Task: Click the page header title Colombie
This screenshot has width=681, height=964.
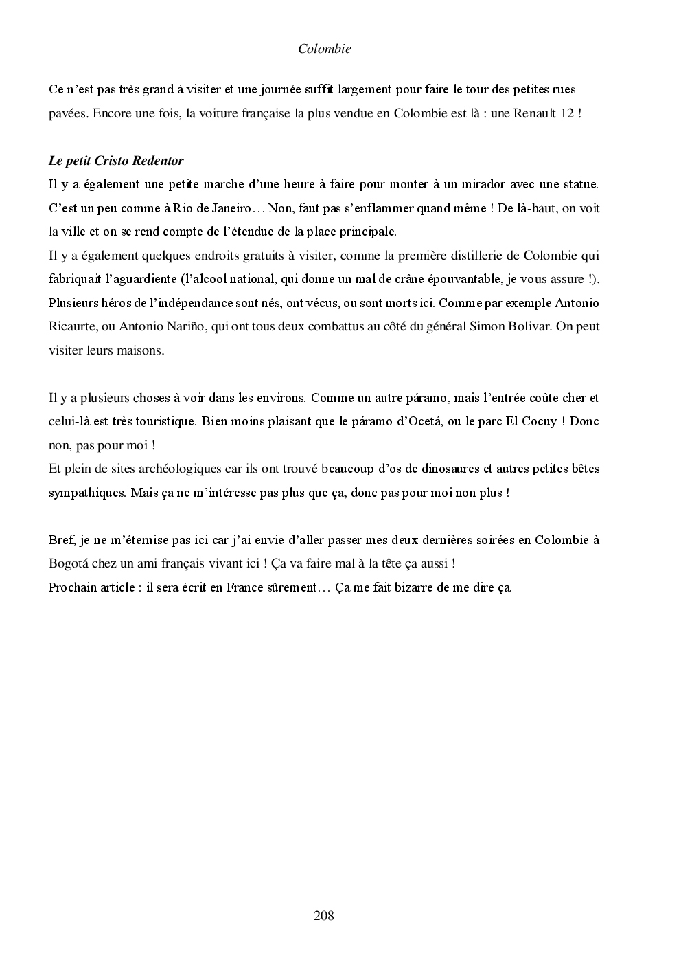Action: (325, 49)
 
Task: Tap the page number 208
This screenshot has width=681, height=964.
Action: (323, 915)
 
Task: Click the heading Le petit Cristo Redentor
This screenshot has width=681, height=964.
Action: (116, 161)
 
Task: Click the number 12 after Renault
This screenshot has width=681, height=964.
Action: (567, 113)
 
